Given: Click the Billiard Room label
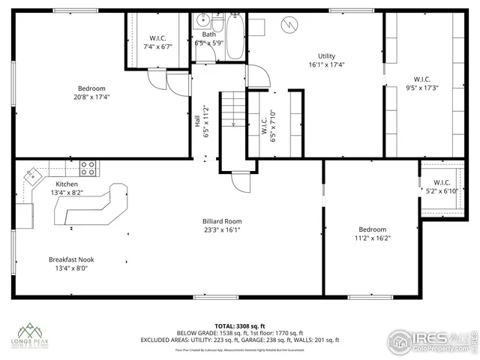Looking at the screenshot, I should tap(222, 221).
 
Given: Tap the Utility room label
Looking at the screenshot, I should tap(326, 56).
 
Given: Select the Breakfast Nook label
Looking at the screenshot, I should tap(71, 259).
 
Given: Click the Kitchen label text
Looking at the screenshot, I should tap(67, 184).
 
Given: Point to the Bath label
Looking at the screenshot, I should tap(208, 34).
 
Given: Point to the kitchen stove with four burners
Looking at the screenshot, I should tap(88, 167).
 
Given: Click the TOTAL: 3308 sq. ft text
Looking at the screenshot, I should tap(240, 325).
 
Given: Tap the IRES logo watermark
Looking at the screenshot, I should tap(434, 339).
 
